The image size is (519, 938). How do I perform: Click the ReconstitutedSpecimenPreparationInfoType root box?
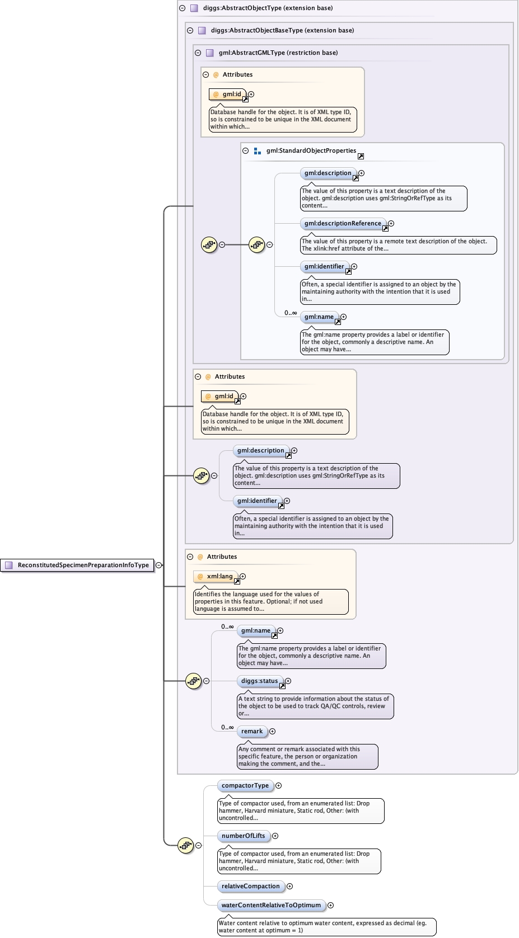78,565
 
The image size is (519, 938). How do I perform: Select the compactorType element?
245,786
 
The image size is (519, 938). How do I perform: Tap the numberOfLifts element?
244,836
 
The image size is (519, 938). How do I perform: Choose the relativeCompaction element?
250,887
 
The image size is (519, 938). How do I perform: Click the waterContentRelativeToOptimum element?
271,906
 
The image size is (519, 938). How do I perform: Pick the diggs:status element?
259,681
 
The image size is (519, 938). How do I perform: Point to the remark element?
252,732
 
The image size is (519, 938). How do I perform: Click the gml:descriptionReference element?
343,224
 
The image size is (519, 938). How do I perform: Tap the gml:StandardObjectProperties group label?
311,151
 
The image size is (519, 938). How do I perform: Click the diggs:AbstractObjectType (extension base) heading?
268,8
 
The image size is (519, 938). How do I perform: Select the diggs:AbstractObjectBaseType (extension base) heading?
282,31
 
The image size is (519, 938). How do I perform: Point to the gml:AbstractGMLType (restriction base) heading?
278,53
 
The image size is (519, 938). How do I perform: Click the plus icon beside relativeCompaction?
289,887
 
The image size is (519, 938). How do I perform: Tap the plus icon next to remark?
272,732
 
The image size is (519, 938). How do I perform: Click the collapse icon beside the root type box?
159,565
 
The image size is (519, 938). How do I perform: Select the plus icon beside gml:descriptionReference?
391,224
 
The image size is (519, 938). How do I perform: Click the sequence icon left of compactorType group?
185,845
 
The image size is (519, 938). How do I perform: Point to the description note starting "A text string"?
315,706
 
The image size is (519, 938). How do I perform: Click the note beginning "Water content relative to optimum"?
326,927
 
